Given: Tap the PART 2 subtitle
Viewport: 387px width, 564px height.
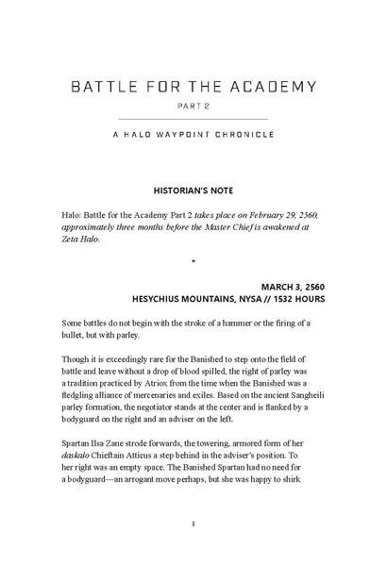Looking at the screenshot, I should (193, 107).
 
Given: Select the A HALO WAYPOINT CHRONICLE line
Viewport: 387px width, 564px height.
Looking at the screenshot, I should (193, 134).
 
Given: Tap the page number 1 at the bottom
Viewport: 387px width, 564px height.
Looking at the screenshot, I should (193, 523).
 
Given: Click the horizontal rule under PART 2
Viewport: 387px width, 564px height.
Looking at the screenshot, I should (193, 119).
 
